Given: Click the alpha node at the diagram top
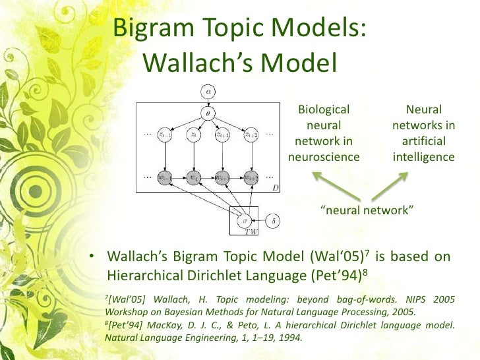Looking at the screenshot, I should click(x=208, y=90).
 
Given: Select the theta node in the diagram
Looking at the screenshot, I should click(x=208, y=113).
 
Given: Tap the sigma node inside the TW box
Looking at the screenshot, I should click(x=245, y=219).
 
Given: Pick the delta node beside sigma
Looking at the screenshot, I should click(x=274, y=219).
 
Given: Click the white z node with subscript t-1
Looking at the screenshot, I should click(x=165, y=135).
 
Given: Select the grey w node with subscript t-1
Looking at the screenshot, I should click(x=165, y=177).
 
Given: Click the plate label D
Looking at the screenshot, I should click(x=277, y=189).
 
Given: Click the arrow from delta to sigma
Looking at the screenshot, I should click(x=260, y=219).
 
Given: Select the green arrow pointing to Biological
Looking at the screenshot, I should click(x=329, y=185).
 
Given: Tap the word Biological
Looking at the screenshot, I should click(x=324, y=110).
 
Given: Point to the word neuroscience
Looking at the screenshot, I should click(x=324, y=157).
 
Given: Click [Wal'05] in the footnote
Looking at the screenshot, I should click(x=126, y=299).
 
